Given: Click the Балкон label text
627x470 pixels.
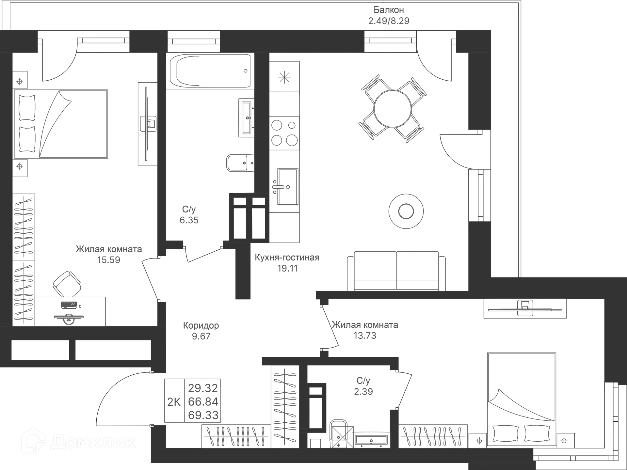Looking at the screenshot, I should click(389, 10).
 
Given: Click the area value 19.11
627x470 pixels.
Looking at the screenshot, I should click(287, 269).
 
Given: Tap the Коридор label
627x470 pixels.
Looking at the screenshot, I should click(201, 325).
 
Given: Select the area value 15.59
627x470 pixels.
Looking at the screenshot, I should click(109, 260).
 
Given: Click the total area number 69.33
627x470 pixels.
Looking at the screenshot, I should click(203, 415).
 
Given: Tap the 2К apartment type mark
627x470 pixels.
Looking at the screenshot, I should click(174, 402).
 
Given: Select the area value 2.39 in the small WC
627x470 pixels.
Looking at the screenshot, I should click(363, 391).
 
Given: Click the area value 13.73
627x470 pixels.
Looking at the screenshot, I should click(365, 336).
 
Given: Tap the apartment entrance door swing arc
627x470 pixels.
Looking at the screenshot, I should click(121, 398).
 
